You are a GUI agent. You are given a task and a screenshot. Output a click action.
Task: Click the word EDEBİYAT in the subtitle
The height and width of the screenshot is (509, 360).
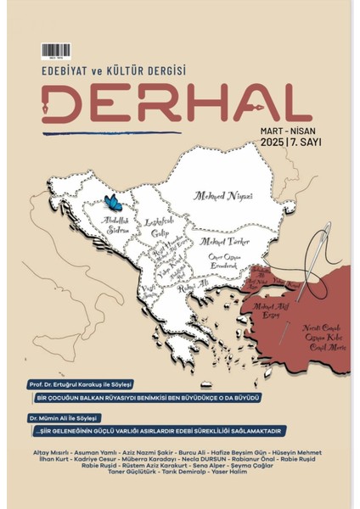(x=69, y=73)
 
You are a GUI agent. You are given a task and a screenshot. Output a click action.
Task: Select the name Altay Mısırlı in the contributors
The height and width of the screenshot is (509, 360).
(x=47, y=453)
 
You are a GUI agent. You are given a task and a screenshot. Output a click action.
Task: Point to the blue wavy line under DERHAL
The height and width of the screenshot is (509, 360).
(x=111, y=132)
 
